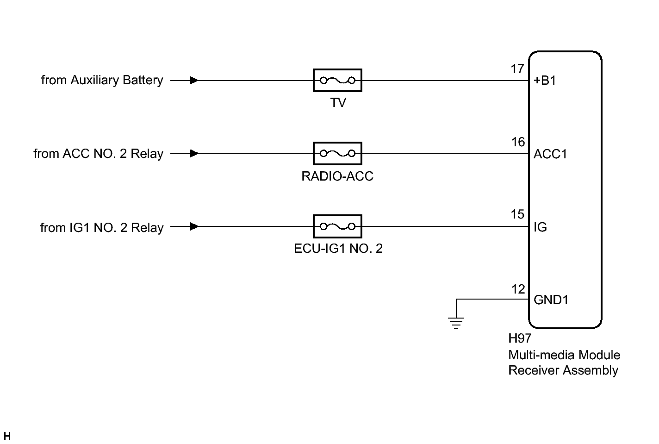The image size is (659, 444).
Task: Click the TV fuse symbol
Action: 337,81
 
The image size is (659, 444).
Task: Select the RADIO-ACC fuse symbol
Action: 337,153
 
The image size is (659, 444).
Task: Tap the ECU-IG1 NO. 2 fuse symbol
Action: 337,226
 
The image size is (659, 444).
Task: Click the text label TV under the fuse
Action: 338,103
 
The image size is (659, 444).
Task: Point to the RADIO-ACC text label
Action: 337,176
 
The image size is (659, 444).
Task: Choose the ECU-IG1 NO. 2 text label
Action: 338,249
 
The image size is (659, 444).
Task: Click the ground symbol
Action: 456,321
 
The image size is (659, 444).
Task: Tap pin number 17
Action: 517,69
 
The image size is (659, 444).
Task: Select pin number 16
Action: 518,142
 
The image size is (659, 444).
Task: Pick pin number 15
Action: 518,214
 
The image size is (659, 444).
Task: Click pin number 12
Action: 518,289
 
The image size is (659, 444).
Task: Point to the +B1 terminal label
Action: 545,81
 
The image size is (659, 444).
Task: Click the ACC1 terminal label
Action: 550,154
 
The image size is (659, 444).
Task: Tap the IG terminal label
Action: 540,227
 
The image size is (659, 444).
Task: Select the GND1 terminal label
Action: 551,300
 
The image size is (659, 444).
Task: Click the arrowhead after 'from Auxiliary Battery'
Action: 194,81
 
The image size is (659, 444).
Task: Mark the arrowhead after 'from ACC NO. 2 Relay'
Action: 194,153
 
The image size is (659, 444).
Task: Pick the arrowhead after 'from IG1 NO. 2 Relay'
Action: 194,226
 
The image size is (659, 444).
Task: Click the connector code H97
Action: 520,339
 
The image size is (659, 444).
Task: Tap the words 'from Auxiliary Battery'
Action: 102,81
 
